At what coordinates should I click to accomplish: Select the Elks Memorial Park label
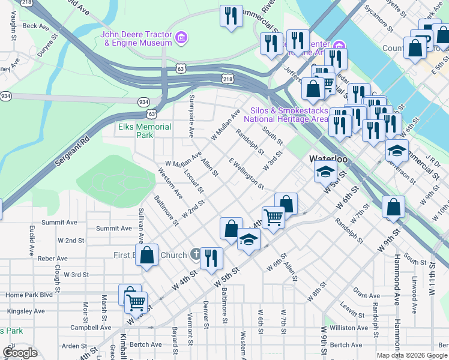[145, 131]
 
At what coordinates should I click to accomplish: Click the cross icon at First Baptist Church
[195, 255]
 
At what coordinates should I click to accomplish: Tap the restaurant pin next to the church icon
[211, 257]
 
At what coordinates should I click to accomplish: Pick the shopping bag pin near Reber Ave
[146, 254]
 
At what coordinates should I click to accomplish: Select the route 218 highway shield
[227, 79]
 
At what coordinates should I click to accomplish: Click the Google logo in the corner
[20, 353]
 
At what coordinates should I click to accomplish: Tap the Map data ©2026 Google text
[411, 355]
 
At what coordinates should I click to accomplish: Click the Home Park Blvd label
[29, 295]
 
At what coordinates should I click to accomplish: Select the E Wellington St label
[246, 174]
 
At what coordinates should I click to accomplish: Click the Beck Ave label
[35, 26]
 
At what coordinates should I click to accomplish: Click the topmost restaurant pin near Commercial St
[231, 16]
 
